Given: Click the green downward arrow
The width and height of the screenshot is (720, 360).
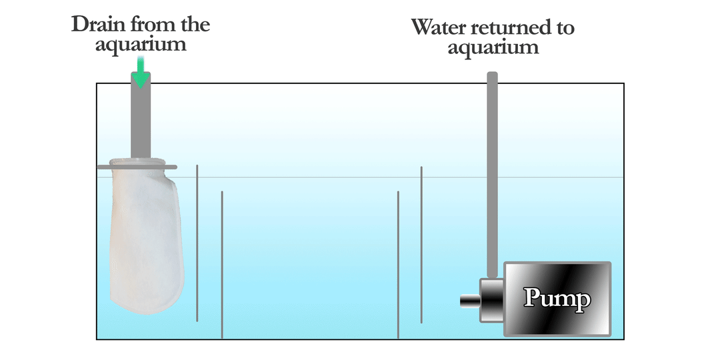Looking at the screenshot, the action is coord(141,72).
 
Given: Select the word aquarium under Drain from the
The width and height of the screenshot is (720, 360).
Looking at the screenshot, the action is coord(141,45).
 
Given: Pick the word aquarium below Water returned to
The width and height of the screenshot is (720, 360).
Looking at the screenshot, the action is coord(493,48).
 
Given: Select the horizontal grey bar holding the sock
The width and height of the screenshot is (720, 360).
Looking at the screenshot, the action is coord(137,167).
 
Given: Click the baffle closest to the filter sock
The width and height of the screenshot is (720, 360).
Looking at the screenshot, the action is coord(197,243).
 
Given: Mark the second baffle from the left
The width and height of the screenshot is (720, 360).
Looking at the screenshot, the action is coord(222,265).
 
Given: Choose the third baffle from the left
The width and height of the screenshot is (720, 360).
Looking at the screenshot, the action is coord(398,265).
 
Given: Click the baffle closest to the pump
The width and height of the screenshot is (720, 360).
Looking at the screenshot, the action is coord(421,245).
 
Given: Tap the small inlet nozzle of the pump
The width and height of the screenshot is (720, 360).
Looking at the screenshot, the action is coord(470,301).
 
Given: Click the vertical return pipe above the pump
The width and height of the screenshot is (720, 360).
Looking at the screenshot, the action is coord(492,175).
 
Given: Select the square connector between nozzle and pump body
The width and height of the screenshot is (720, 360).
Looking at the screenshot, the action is coord(492,300).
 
